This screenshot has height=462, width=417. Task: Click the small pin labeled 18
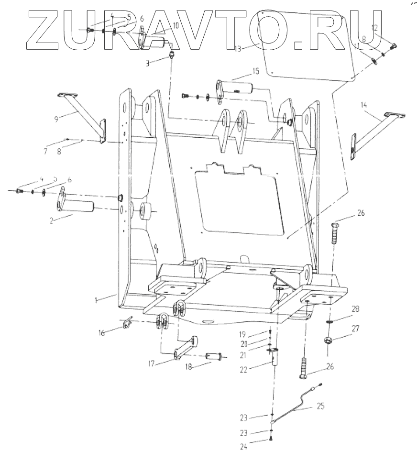click(x=213, y=356)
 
